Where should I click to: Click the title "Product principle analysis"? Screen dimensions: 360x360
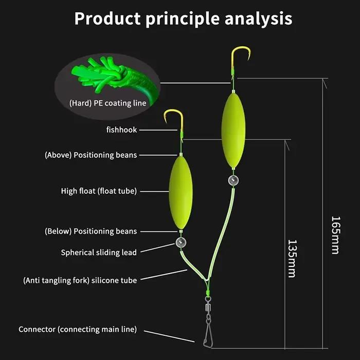pyautogui.click(x=183, y=19)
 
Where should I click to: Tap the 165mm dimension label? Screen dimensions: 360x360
pyautogui.click(x=335, y=235)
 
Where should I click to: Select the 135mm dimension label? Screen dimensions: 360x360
pyautogui.click(x=292, y=259)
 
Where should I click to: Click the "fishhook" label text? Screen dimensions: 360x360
pyautogui.click(x=121, y=130)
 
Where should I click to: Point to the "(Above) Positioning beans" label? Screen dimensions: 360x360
pyautogui.click(x=91, y=155)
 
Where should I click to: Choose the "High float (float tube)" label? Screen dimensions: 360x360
pyautogui.click(x=99, y=191)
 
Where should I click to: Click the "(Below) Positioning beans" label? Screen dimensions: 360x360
pyautogui.click(x=91, y=231)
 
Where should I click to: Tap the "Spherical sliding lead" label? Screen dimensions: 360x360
pyautogui.click(x=99, y=253)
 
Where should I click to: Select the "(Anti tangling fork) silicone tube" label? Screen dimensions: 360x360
pyautogui.click(x=80, y=280)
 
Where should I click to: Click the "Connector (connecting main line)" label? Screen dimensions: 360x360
pyautogui.click(x=78, y=329)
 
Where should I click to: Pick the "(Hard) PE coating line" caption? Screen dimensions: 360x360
pyautogui.click(x=107, y=103)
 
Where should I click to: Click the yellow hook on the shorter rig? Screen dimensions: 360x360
pyautogui.click(x=174, y=120)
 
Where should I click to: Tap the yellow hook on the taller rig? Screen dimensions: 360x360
pyautogui.click(x=240, y=58)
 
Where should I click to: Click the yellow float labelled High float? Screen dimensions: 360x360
pyautogui.click(x=181, y=192)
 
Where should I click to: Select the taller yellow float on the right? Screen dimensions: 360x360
pyautogui.click(x=233, y=130)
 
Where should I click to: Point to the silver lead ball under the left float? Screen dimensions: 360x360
pyautogui.click(x=181, y=242)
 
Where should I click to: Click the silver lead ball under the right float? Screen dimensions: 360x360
pyautogui.click(x=233, y=181)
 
